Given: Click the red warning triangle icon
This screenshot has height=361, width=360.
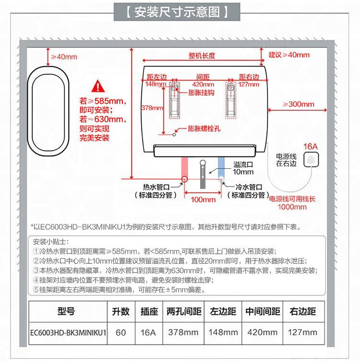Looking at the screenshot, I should tap(98, 86).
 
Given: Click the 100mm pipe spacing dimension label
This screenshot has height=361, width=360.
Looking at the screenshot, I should tap(203, 199).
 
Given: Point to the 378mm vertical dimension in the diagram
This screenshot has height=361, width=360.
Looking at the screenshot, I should tap(152, 108).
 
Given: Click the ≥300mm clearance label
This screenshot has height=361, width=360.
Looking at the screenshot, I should tap(298, 104).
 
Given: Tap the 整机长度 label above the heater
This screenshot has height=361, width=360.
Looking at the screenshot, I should tap(202, 56).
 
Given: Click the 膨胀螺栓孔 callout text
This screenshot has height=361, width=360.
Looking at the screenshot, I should tap(204, 128).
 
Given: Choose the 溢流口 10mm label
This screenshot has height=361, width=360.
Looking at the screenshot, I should tap(243, 168).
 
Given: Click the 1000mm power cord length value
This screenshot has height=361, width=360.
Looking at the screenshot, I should tap(292, 207).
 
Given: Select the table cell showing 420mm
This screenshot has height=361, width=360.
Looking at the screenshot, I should tap(262, 332).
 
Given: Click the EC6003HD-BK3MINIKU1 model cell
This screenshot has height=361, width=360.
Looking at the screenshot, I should tap(68, 332).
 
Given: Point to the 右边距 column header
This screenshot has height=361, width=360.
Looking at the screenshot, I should tap(302, 311).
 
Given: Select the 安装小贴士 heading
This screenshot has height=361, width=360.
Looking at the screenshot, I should tap(52, 241).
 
